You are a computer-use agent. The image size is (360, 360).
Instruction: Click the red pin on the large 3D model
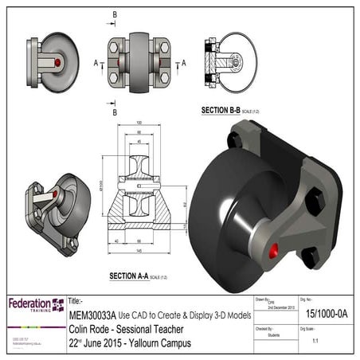click(274, 252)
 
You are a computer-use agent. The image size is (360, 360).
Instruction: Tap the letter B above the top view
click(115, 14)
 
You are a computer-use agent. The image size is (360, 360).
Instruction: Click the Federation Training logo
click(35, 306)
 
